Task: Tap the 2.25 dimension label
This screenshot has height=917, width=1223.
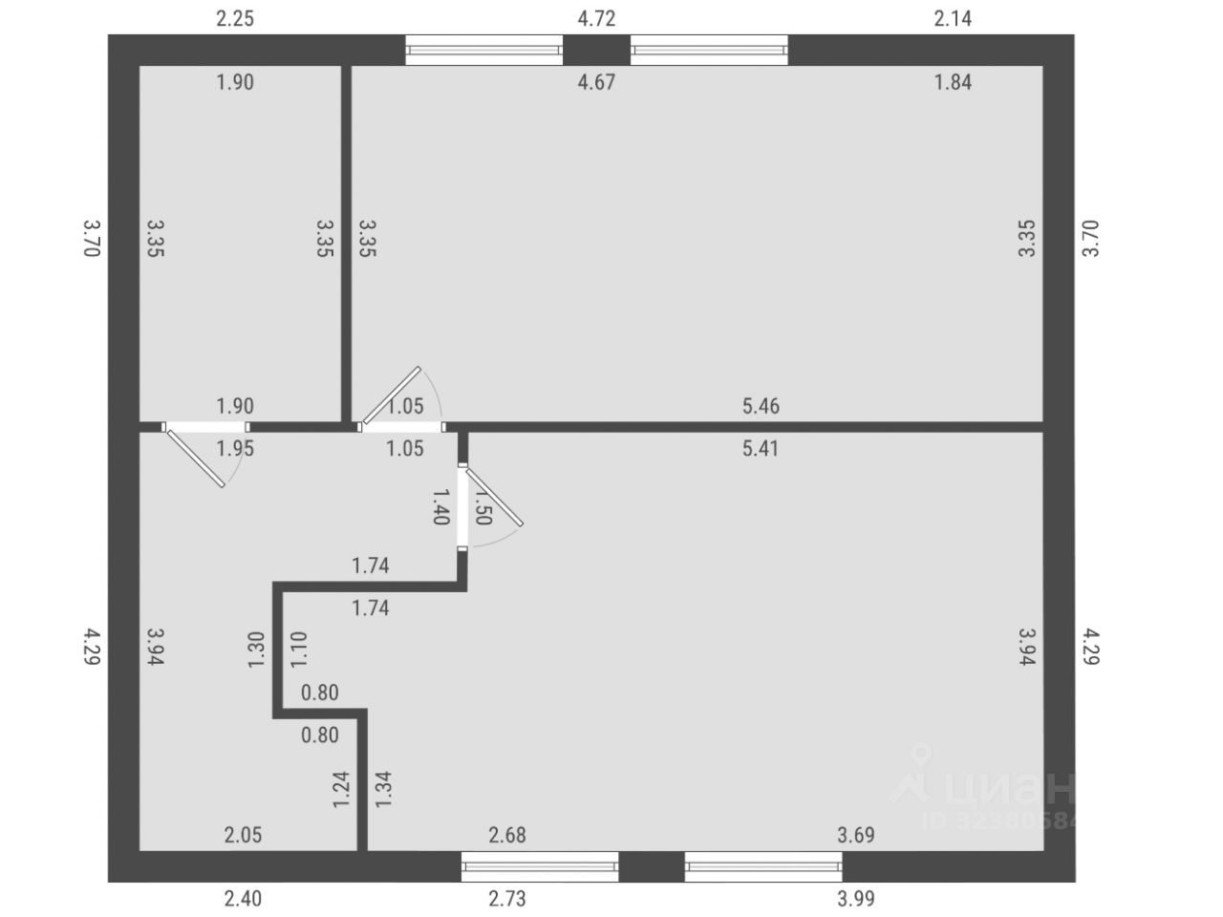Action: pos(235,18)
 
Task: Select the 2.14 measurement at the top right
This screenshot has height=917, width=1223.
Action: pos(953,18)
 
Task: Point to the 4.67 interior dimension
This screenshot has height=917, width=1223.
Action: pos(597,82)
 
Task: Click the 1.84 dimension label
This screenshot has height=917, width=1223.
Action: pos(953,82)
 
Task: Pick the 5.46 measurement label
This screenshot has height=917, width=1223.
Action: pos(761,406)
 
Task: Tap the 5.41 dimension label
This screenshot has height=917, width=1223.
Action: pos(761,448)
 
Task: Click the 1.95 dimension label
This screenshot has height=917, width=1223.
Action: pos(235,448)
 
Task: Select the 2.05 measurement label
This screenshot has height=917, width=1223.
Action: pos(243,836)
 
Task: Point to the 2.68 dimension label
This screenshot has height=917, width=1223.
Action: pos(507,836)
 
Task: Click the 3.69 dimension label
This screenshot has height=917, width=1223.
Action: pos(856,836)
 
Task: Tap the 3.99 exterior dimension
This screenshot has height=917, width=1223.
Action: pos(856,898)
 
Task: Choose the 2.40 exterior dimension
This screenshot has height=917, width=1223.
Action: pos(243,898)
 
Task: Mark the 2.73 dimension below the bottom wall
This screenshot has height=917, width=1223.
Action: pos(507,898)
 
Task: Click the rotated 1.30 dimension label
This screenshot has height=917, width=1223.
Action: pos(256,651)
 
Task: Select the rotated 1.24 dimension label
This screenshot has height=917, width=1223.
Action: pos(340,790)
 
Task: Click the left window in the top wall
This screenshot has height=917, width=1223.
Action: pos(484,50)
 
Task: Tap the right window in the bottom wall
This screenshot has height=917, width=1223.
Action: pos(763,866)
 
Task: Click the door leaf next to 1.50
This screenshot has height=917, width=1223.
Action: pos(495,497)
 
